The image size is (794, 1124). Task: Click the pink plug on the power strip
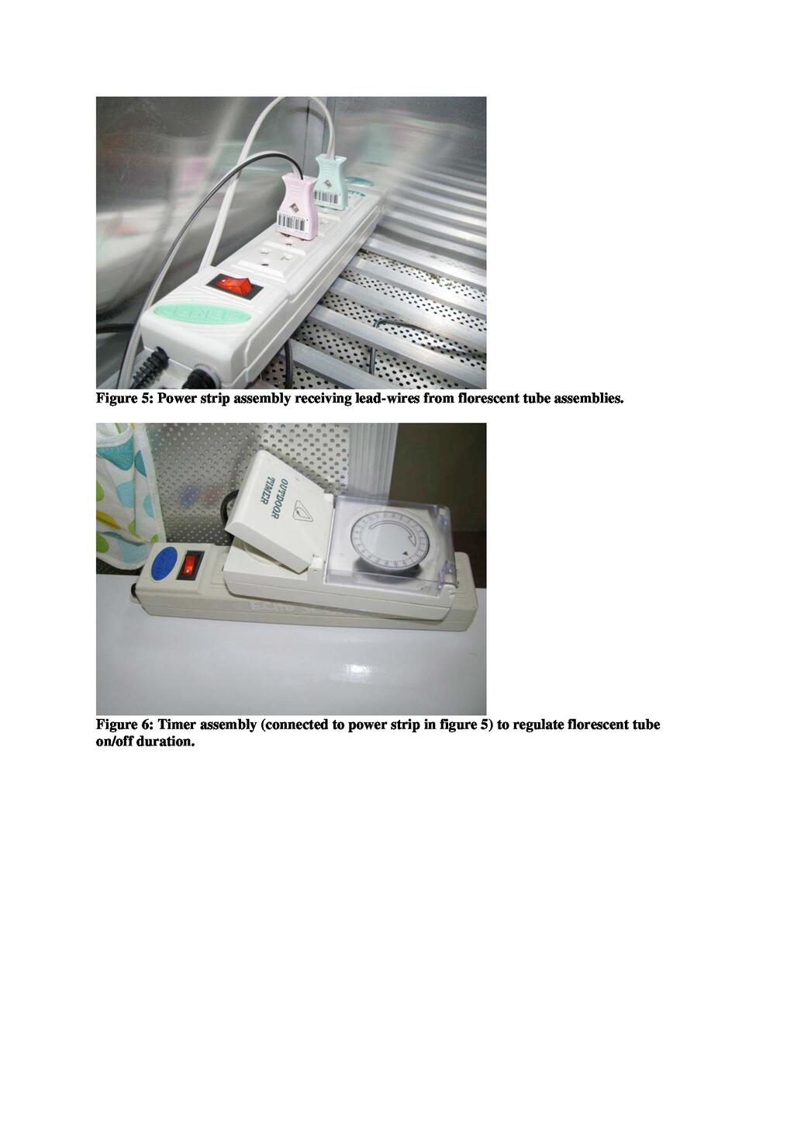tap(298, 206)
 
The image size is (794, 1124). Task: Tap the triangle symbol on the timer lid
tap(303, 512)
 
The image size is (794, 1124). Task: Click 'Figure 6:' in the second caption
tap(124, 725)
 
